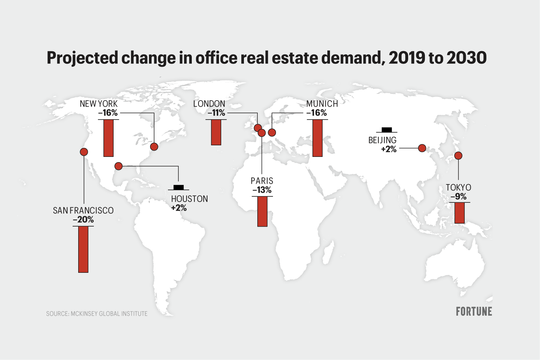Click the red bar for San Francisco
click(x=83, y=249)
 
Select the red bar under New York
click(x=108, y=138)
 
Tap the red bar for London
click(x=216, y=132)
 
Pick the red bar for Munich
click(x=317, y=138)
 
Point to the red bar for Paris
click(x=262, y=211)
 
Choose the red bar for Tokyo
click(x=460, y=213)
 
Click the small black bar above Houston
click(x=179, y=187)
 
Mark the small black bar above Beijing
click(x=387, y=130)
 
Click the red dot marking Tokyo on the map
click(x=458, y=155)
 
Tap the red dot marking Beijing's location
click(x=422, y=148)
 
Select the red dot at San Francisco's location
click(x=84, y=152)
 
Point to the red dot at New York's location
click(x=154, y=147)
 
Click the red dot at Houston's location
click(x=118, y=166)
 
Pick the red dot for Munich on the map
click(x=272, y=132)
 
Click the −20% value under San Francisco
click(x=83, y=220)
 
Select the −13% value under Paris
click(x=262, y=190)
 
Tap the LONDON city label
click(x=209, y=104)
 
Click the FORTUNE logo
click(x=474, y=312)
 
